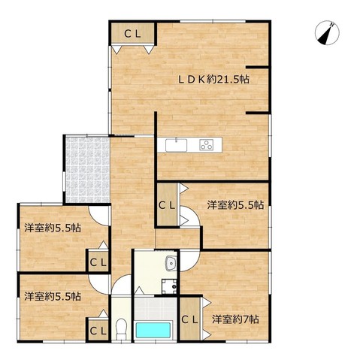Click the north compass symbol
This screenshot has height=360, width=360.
coord(327,33)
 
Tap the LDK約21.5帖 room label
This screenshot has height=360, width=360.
coord(213,80)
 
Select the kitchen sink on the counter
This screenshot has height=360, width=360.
coord(176,145)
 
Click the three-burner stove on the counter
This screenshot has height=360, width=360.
coord(207,145)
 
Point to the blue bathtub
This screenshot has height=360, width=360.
coord(153,330)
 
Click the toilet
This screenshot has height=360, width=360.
coord(121,328)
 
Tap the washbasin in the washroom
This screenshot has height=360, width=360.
coord(171,264)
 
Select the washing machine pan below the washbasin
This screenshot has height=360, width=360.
coord(169,286)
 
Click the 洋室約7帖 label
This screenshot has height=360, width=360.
coord(235,319)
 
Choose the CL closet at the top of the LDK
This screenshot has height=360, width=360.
coord(132,34)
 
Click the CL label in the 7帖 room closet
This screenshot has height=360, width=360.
coord(189,319)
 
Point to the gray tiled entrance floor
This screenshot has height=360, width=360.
coord(87,170)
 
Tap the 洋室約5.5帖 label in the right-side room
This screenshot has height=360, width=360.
coord(235,205)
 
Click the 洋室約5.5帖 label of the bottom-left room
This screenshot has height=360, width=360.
coord(53,297)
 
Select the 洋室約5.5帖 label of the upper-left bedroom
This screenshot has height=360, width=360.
coord(53,228)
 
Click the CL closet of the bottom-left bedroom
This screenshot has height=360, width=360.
coord(98,329)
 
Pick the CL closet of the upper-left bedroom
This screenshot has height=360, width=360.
coord(98,261)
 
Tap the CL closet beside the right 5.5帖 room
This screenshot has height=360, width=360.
coord(167,205)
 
